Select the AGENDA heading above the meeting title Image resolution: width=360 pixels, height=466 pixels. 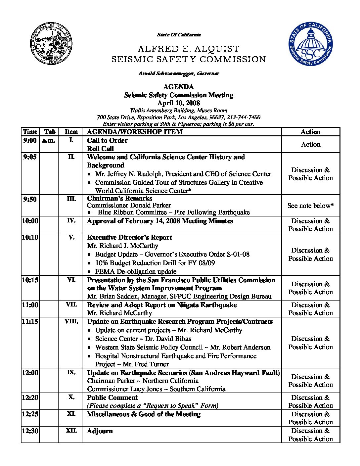coord(178,87)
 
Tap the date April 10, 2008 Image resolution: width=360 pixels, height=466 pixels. coord(178,103)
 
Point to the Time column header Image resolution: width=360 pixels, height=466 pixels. coord(30,132)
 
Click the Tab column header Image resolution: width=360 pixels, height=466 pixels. coord(49,132)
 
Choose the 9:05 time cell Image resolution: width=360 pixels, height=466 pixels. coord(30,157)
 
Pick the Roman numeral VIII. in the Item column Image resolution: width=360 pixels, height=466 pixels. coord(71,321)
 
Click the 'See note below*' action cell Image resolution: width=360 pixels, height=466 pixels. coord(310,206)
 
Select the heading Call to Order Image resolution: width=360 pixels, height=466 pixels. coord(107,140)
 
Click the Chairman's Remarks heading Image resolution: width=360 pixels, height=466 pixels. coord(119,198)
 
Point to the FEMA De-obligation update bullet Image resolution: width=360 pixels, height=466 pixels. coord(136,271)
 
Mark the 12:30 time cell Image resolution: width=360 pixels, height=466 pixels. coord(30,431)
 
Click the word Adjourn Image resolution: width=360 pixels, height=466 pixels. coord(100,431)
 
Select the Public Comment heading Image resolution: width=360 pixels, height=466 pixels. coord(112,397)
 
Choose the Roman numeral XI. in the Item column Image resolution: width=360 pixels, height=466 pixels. coord(71,414)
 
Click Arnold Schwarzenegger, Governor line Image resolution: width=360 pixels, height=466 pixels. coord(178,73)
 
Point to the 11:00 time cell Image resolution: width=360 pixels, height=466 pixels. coord(30,304)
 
